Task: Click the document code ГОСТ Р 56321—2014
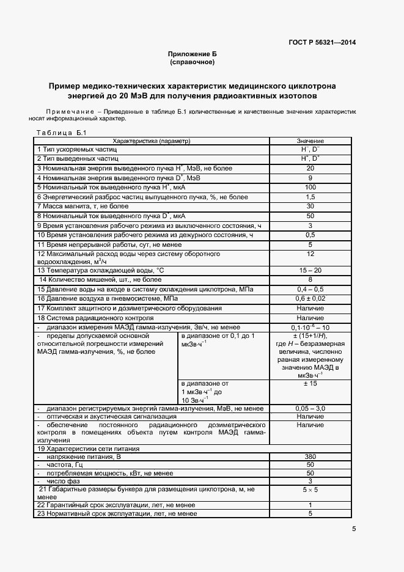tap(322, 42)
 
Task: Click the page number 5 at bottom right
tap(354, 529)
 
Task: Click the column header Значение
tap(310, 141)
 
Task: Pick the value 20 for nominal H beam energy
tap(310, 168)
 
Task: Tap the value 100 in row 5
tap(310, 187)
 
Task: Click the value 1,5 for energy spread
tap(310, 197)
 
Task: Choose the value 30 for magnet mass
tap(310, 206)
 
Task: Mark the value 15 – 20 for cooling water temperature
tap(310, 270)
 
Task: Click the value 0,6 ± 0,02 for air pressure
tap(310, 299)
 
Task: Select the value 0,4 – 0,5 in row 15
tap(310, 289)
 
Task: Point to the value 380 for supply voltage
tap(310, 457)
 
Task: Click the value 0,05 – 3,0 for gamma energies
tap(310, 408)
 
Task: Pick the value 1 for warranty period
tap(310, 505)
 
